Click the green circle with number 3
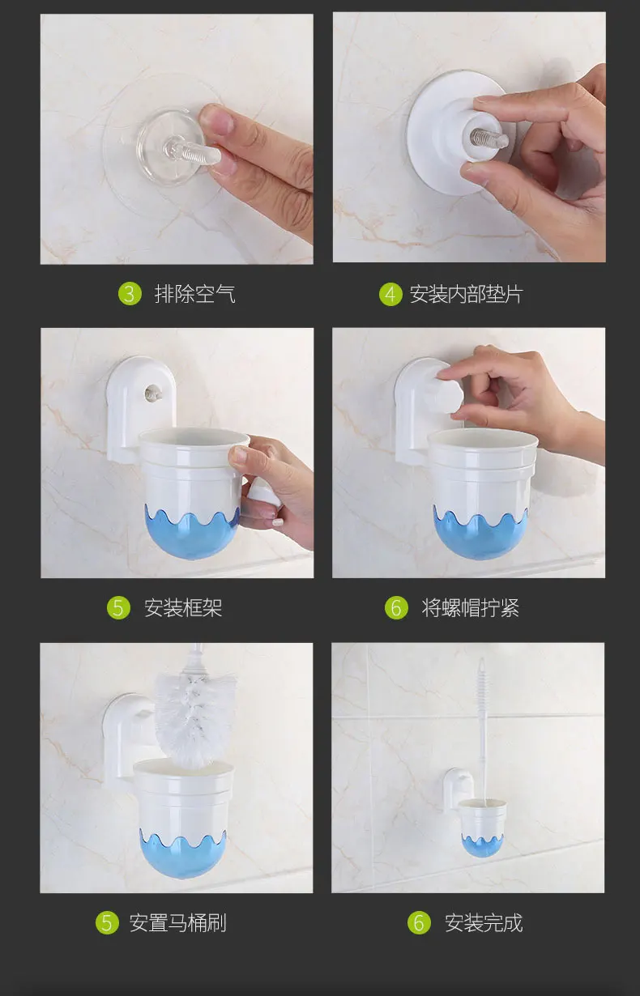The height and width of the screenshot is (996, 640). [130, 294]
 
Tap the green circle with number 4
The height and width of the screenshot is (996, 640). [390, 294]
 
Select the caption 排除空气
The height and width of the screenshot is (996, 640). [194, 294]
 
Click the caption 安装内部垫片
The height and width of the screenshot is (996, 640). [466, 294]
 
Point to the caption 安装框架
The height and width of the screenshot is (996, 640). [183, 608]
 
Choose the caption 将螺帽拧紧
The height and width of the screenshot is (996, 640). [470, 608]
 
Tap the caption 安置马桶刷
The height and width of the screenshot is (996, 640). [178, 922]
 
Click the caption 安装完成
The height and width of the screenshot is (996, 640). [484, 922]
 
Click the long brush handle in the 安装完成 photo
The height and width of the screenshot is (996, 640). [482, 730]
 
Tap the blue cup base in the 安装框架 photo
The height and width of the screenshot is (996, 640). [192, 534]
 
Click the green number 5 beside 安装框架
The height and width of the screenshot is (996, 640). [118, 608]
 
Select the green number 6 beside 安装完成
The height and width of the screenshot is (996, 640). [419, 922]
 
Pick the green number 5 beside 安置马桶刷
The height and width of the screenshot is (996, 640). [107, 922]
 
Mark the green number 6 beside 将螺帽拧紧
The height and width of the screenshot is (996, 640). [396, 608]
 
